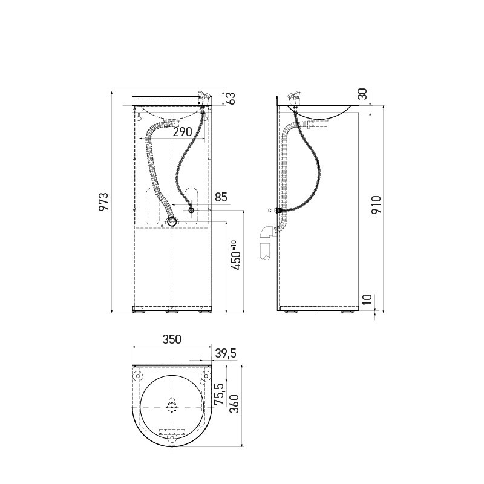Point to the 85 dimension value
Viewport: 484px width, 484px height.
(x=221, y=197)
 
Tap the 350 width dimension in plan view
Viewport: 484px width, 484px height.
(x=171, y=340)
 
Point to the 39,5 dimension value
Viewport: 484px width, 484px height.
(x=224, y=353)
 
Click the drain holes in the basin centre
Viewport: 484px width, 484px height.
(x=173, y=406)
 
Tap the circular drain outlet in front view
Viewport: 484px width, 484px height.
(x=173, y=222)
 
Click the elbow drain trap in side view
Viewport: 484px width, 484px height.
(x=266, y=239)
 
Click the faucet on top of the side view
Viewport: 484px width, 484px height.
(x=296, y=96)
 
